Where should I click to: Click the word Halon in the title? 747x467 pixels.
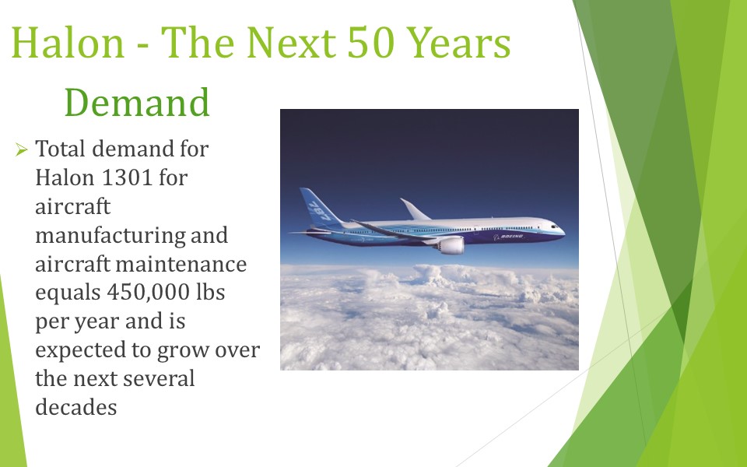tap(68, 42)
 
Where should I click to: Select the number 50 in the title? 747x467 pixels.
tap(371, 42)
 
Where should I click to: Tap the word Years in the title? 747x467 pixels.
tap(459, 43)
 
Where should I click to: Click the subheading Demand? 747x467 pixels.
tap(137, 102)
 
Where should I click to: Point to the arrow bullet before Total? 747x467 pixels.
tap(22, 149)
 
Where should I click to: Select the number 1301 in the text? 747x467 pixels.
tap(127, 177)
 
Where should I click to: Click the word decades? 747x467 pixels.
tap(76, 407)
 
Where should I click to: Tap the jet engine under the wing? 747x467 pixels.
tap(449, 246)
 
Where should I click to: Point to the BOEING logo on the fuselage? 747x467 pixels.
tap(508, 237)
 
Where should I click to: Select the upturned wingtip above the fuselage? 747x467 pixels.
tap(415, 209)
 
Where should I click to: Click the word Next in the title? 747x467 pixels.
tap(291, 42)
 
